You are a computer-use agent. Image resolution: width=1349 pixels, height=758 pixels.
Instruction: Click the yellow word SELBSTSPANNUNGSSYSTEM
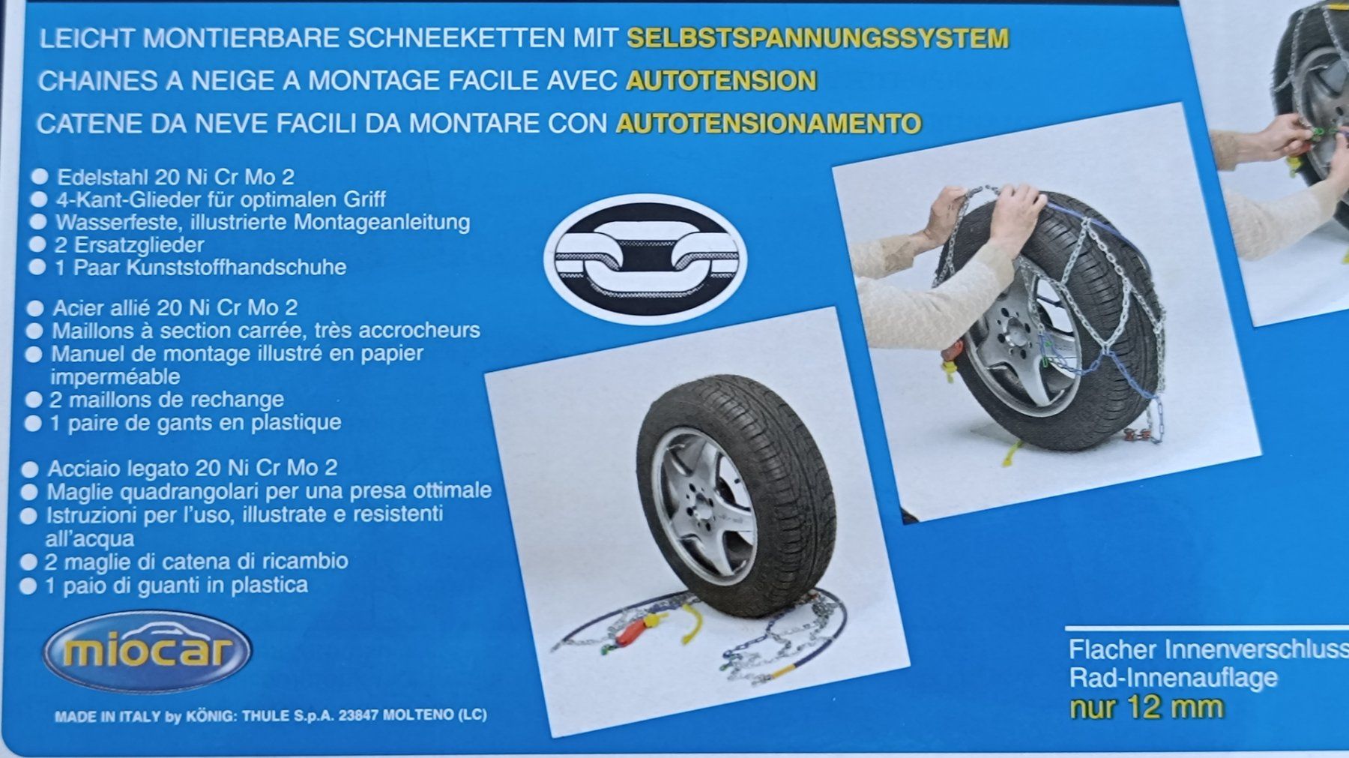[x=818, y=38]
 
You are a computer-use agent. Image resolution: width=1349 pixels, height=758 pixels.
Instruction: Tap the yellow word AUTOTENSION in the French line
[x=721, y=80]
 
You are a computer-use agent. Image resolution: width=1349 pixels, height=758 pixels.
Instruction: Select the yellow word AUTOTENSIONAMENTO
[x=768, y=123]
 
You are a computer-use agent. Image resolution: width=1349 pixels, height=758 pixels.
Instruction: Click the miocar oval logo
[x=148, y=651]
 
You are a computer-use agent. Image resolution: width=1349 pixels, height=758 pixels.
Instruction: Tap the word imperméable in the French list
[x=115, y=376]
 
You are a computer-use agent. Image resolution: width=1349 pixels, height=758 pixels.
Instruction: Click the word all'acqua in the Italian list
[x=89, y=538]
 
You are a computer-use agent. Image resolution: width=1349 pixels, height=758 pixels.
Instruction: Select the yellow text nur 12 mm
[x=1147, y=707]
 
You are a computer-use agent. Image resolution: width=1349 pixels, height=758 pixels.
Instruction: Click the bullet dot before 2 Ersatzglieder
[x=37, y=244]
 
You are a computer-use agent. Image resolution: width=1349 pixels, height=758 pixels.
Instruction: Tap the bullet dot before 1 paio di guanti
[x=28, y=586]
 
